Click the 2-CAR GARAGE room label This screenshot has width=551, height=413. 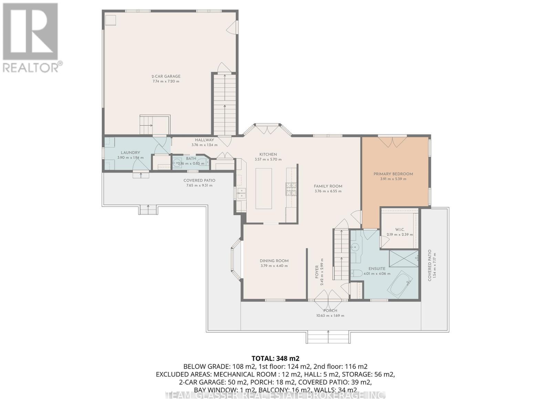tap(166, 76)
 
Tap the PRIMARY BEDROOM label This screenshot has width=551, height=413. tap(393, 174)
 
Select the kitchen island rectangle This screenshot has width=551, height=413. tap(263, 189)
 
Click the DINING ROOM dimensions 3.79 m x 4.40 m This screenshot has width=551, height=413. tap(274, 266)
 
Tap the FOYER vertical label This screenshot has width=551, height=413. tap(317, 272)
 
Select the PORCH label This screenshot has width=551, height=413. tap(330, 311)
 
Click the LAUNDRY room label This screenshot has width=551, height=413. tap(130, 153)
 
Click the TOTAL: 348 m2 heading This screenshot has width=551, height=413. tap(273, 358)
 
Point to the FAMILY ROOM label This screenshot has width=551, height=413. tap(328, 186)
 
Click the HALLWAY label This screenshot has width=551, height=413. tap(204, 140)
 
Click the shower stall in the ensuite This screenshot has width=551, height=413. tap(403, 258)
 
